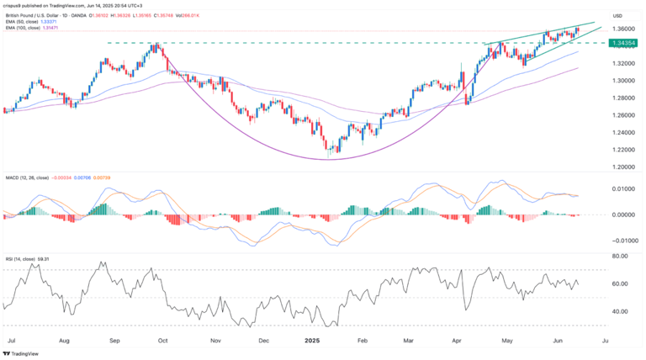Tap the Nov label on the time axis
(215, 341)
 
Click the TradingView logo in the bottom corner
(23, 353)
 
